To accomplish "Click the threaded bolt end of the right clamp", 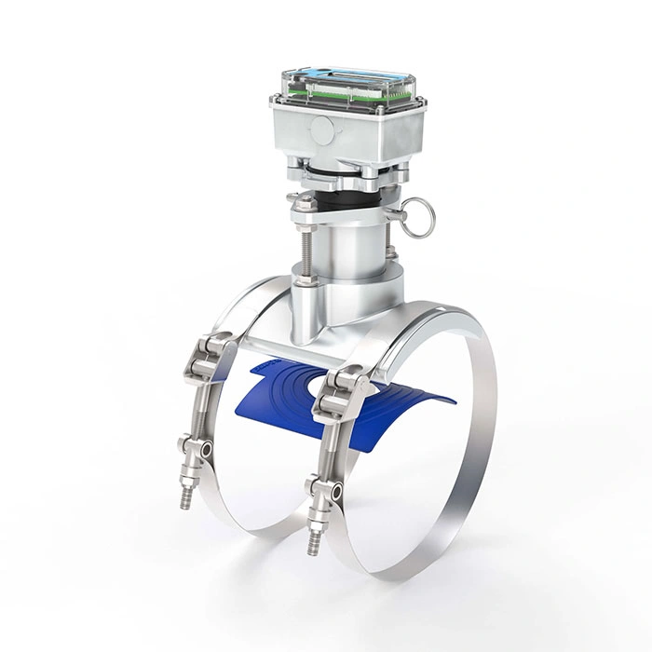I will coord(313,541).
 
